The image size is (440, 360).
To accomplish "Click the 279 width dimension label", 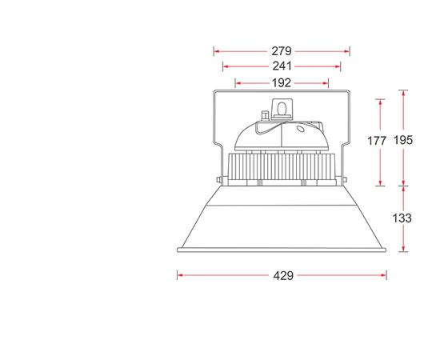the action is (282, 51).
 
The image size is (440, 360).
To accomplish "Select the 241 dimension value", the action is (282, 66).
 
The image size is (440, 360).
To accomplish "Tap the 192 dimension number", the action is (282, 82).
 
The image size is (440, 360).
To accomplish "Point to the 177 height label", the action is (377, 141).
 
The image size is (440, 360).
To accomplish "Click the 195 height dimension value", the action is (403, 140).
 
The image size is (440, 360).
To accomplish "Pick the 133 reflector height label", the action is (402, 218).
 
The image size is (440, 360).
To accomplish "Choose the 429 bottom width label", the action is (283, 275).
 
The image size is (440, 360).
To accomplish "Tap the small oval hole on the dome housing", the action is (301, 129).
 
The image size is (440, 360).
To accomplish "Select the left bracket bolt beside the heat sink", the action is (218, 179).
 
